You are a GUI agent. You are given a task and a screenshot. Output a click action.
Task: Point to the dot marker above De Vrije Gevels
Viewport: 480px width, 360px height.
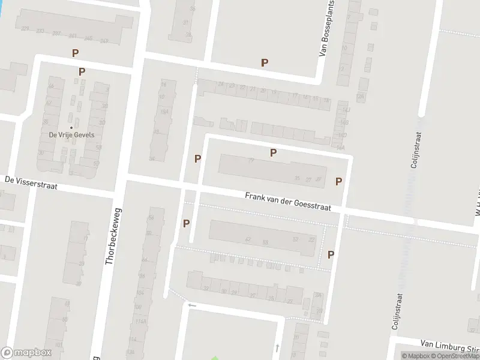pyautogui.click(x=71, y=127)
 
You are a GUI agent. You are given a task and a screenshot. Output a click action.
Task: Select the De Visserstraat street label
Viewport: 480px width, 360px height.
pyautogui.click(x=31, y=182)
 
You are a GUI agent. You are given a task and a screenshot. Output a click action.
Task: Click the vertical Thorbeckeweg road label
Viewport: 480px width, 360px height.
pyautogui.click(x=112, y=236)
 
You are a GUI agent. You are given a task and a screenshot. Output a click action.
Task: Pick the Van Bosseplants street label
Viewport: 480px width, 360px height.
pyautogui.click(x=327, y=29)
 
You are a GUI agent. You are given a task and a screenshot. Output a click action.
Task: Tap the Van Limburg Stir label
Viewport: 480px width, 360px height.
pyautogui.click(x=450, y=346)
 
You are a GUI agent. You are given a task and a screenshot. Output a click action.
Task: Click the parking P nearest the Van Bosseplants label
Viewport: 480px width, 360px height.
pyautogui.click(x=264, y=62)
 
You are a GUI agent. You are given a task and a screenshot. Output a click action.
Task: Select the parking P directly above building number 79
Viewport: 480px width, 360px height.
pyautogui.click(x=273, y=152)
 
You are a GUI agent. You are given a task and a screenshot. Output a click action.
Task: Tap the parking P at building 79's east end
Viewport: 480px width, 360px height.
pyautogui.click(x=338, y=181)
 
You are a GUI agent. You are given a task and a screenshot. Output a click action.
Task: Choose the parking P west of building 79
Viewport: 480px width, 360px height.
pyautogui.click(x=197, y=158)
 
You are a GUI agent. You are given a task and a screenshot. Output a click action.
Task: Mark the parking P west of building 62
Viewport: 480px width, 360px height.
pyautogui.click(x=186, y=223)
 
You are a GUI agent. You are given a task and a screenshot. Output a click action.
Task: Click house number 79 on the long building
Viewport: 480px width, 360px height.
pyautogui.click(x=251, y=161)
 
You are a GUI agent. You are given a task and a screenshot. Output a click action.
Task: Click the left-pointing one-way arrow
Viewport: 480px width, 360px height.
pyautogui.click(x=192, y=305)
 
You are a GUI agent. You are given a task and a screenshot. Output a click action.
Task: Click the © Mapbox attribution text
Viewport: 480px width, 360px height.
pyautogui.click(x=418, y=356)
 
